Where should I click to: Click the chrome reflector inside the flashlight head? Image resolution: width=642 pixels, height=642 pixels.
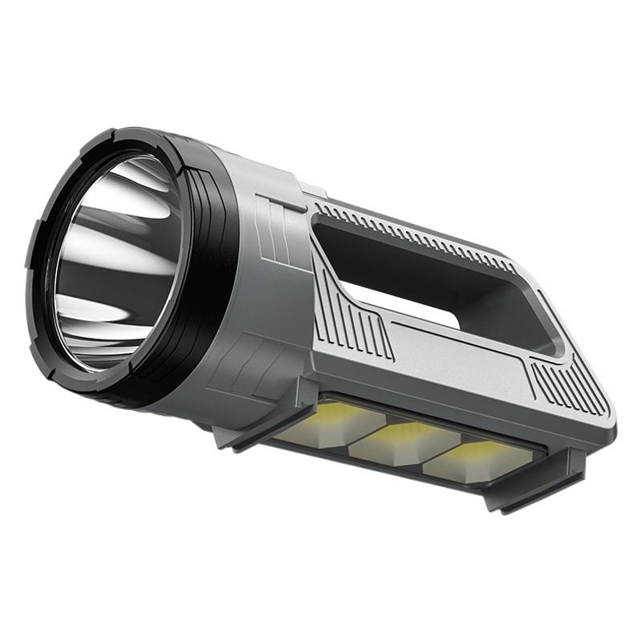[x=116, y=257]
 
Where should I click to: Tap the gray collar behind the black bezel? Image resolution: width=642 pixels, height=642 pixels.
[x=265, y=265]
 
